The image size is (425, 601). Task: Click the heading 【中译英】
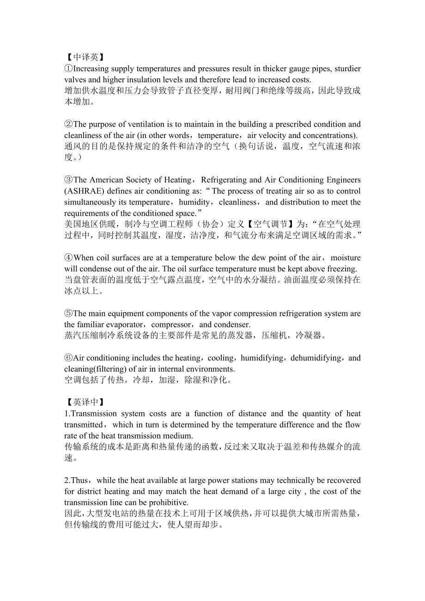(x=85, y=57)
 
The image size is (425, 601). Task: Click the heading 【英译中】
(x=85, y=402)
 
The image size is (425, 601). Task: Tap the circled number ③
(x=68, y=180)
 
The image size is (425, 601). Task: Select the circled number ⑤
(x=68, y=313)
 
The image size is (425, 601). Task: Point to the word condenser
(x=230, y=325)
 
